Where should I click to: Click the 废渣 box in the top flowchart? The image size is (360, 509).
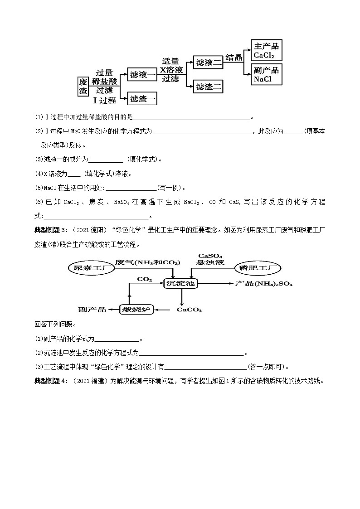tap(83, 86)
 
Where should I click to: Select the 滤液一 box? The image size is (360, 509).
tap(142, 74)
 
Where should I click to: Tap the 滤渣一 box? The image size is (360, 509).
tap(142, 98)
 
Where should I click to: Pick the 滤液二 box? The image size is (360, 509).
tap(208, 63)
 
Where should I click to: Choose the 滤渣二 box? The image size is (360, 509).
tap(208, 86)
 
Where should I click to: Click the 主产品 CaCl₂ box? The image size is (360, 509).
tap(266, 50)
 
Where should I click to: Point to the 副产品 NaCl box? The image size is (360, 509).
tap(266, 74)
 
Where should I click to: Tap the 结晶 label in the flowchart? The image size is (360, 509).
tap(234, 58)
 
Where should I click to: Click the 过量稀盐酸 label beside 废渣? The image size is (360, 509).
tap(104, 77)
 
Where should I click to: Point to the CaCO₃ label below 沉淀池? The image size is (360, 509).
tap(189, 310)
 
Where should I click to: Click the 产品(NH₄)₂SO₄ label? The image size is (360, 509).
tap(263, 283)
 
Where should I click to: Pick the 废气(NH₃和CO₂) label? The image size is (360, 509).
tap(147, 262)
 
